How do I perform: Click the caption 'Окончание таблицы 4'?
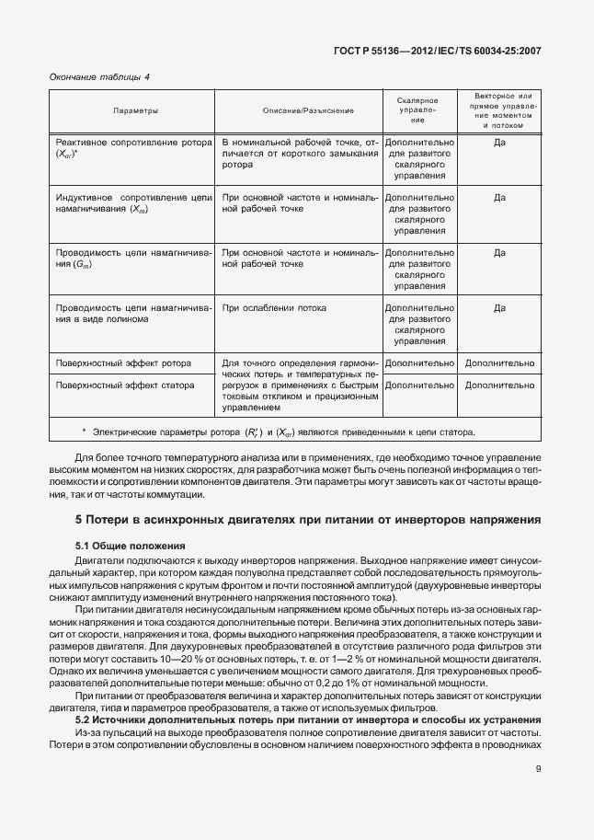(x=98, y=77)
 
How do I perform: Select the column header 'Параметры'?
(x=135, y=110)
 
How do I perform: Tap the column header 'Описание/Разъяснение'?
(x=295, y=110)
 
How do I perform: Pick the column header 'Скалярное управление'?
(x=417, y=109)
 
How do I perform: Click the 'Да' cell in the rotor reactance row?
(x=499, y=144)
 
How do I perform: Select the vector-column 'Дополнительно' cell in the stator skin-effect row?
(x=499, y=385)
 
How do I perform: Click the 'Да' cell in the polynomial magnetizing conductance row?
(x=499, y=308)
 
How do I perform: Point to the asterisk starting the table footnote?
(x=84, y=431)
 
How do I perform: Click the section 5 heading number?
(x=79, y=520)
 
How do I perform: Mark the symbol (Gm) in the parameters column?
(x=84, y=265)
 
